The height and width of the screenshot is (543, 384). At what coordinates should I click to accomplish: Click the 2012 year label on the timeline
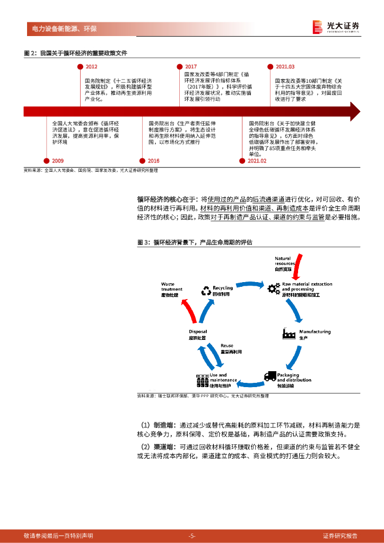click(91, 67)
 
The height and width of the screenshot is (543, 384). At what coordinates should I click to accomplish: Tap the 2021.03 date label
click(285, 67)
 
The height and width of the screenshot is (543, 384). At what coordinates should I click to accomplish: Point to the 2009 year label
click(58, 161)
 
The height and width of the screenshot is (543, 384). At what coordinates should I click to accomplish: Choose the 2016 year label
click(153, 161)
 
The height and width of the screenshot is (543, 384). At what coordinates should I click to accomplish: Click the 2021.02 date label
click(257, 161)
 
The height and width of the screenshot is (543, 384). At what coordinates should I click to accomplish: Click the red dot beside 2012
click(79, 67)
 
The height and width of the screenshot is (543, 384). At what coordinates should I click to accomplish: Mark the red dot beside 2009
click(46, 161)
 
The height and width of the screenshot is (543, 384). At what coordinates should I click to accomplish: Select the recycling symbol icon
click(206, 291)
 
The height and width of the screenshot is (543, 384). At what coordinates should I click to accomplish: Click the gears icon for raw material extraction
click(274, 289)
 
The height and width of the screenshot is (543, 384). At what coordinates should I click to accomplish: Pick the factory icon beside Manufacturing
click(289, 334)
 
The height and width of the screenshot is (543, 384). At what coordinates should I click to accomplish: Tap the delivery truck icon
click(270, 376)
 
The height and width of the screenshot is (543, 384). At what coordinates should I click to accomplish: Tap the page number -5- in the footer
click(192, 536)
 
